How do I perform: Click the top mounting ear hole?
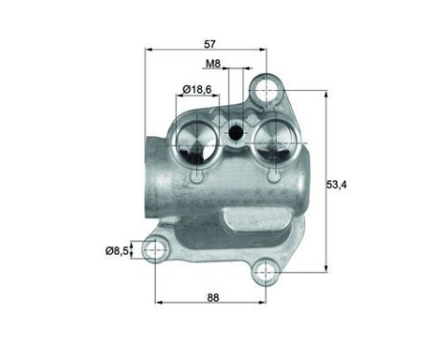tap(267, 93)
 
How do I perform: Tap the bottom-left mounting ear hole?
tap(152, 250)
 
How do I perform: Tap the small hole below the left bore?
tap(197, 177)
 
